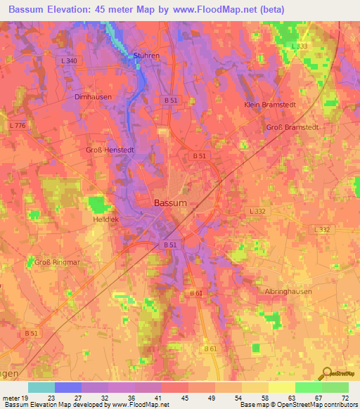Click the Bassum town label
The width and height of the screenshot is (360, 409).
[170, 202]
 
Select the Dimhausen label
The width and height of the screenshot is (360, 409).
[91, 97]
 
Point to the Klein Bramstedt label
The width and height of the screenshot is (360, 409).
[267, 104]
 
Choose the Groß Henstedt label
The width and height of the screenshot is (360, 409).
[110, 150]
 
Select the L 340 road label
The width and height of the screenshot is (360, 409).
[70, 62]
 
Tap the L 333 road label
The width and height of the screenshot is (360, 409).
[300, 46]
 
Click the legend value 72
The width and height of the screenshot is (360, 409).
[345, 398]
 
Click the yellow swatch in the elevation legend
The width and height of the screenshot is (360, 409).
[281, 387]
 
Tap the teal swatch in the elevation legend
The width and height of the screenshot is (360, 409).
[41, 387]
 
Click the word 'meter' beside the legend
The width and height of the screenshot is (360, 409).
[11, 398]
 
